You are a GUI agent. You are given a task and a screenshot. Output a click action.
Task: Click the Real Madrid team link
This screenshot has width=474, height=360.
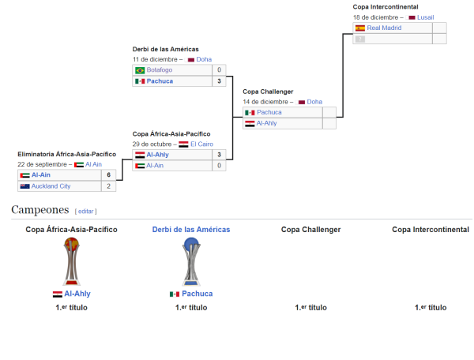(384, 28)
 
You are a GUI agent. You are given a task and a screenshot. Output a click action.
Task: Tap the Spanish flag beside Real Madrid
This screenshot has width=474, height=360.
(360, 28)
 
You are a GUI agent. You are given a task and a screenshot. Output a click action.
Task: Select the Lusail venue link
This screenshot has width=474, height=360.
(425, 17)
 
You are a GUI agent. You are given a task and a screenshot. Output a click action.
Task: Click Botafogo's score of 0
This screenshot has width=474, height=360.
(219, 69)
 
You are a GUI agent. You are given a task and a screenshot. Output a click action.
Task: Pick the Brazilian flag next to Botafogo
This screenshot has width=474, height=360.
(140, 70)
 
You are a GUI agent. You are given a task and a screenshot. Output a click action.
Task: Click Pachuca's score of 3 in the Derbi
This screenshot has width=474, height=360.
(219, 81)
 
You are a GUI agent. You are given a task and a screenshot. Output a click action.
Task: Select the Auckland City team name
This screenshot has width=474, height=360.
(51, 186)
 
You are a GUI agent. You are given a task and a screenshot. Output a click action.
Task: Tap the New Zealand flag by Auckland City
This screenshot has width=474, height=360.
(24, 186)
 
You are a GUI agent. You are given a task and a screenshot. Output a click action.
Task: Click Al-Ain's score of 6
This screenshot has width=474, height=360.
(108, 174)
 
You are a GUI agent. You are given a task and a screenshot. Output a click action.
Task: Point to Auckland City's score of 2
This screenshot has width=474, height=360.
(108, 186)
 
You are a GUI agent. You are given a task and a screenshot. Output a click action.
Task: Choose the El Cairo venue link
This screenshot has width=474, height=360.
(201, 144)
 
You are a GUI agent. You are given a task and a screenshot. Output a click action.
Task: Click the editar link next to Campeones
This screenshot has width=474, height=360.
(85, 212)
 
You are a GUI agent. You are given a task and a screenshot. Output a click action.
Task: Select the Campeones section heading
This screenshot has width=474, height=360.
(40, 209)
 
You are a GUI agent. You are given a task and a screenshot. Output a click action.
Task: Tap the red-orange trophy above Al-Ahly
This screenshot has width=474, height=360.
(71, 261)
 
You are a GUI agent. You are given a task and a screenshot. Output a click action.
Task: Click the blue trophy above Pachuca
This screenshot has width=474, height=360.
(191, 261)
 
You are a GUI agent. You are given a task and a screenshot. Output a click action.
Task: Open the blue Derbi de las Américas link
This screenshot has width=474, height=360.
(191, 230)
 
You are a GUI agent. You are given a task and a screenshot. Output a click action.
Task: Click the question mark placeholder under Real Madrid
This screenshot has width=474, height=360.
(360, 39)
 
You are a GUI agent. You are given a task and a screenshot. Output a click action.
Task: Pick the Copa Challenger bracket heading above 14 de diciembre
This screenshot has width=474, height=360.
(268, 92)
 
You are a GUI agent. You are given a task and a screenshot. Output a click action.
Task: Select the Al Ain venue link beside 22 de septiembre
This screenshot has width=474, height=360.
(93, 164)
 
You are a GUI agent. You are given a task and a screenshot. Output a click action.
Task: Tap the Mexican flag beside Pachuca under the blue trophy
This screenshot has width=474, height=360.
(175, 294)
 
